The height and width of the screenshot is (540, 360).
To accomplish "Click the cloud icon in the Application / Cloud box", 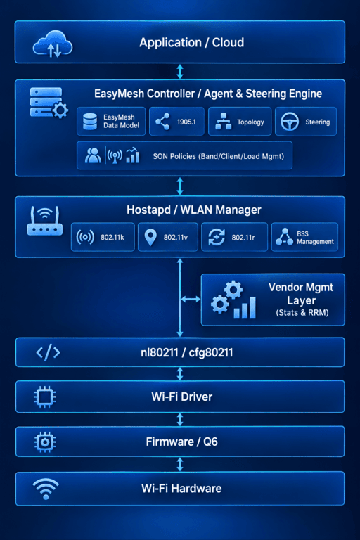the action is pos(52,44).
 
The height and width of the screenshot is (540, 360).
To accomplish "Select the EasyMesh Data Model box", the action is pos(111,121).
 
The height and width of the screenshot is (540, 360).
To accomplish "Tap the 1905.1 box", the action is pos(176,121).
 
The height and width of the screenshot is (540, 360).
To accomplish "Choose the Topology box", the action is pos(240,121).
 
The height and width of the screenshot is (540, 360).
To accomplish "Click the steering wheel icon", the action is pos(290,122).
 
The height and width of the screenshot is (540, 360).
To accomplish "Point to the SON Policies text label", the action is pos(219,156).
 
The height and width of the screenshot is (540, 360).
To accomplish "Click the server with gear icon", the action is pos(49,103).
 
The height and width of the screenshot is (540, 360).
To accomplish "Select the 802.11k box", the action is pos(103,237).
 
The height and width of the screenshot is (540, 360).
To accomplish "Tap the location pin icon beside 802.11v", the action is pos(150,237).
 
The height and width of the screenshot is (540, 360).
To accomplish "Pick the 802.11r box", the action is pos(234,237).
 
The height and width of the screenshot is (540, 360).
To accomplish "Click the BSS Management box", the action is pos(304,237).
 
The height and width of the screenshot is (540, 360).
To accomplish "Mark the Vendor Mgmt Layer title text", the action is pos(301,294).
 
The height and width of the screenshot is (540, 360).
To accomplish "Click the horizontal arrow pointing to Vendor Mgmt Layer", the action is pos(191,300).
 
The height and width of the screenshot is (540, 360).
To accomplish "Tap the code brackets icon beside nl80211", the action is pos(49,352).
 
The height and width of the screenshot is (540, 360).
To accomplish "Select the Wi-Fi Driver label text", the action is pos(182,397).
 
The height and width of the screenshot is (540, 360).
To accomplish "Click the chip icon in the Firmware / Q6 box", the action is pos(45,442).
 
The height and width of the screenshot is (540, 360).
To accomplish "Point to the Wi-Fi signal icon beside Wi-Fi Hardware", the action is pos(46,489).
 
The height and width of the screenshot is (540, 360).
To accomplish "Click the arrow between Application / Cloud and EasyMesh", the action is pos(180,71).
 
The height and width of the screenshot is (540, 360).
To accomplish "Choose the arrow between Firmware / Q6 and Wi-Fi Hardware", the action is pos(180,464).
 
